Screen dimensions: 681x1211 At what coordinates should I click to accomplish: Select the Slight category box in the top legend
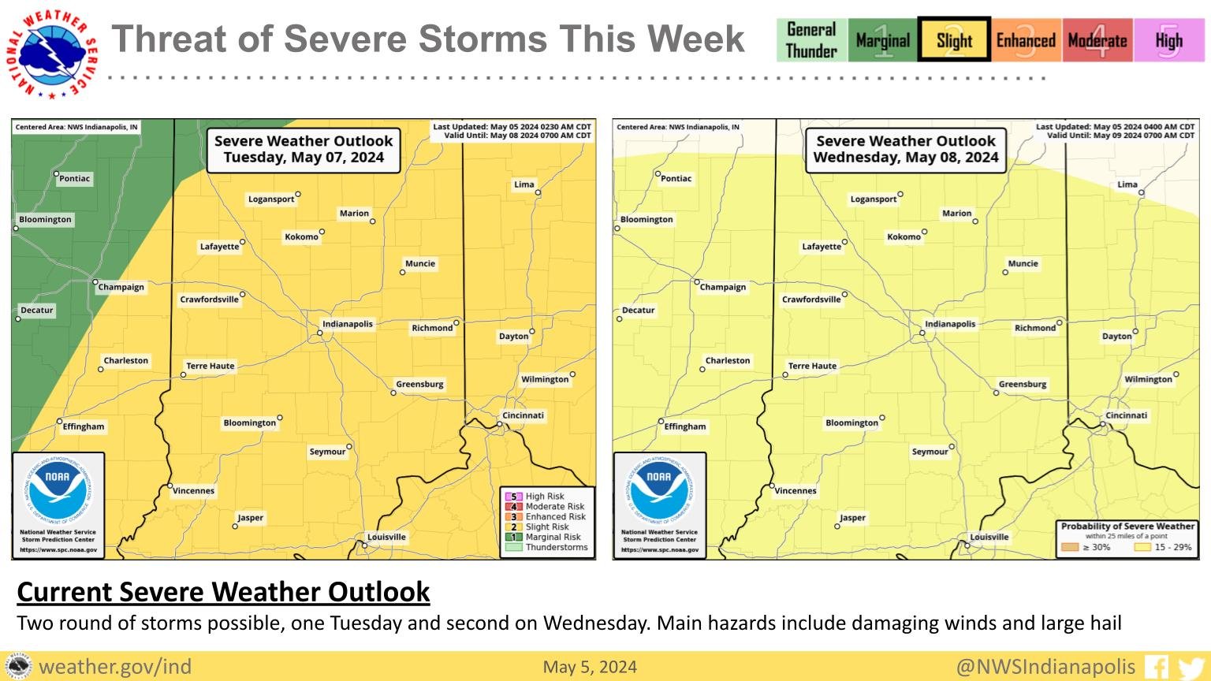[x=954, y=40]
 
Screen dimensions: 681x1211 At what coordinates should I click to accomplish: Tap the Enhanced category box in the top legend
[x=1025, y=40]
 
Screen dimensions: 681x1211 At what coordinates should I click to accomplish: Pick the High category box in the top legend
[x=1168, y=40]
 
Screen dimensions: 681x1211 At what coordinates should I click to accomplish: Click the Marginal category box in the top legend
[x=882, y=40]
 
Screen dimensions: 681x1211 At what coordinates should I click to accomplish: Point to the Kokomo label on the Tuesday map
[x=302, y=236]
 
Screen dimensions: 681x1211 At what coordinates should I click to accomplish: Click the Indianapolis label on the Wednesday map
[x=950, y=324]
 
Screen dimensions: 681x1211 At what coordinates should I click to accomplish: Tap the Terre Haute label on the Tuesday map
[x=210, y=366]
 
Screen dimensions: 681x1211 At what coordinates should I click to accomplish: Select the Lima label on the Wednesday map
[x=1127, y=184]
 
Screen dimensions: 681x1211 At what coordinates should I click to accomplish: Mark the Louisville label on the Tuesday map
[x=386, y=537]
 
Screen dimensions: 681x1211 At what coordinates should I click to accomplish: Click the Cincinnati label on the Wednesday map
[x=1127, y=415]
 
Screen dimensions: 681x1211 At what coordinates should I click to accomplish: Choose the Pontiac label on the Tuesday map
[x=75, y=178]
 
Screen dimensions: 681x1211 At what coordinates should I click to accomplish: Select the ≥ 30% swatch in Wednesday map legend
[x=1070, y=547]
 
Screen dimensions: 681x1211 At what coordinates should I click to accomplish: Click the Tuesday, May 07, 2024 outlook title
[x=304, y=149]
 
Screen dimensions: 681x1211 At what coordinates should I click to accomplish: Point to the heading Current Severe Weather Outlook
[x=223, y=591]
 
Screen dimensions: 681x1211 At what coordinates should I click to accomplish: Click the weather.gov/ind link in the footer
[x=115, y=667]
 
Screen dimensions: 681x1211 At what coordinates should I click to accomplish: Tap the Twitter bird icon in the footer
[x=1191, y=668]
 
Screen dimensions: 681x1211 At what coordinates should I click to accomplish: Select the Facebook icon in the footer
[x=1157, y=667]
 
